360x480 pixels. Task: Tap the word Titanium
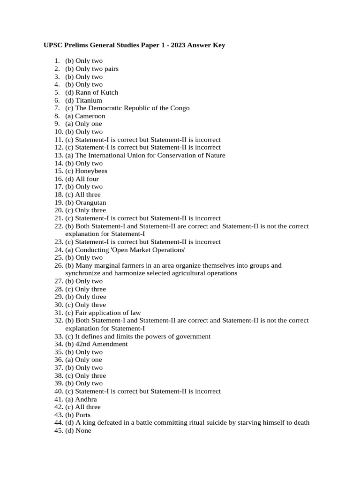coord(89,100)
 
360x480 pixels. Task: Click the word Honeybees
coord(91,171)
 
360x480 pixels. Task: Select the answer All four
coord(87,179)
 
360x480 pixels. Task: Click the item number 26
coord(58,265)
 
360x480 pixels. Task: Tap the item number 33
coord(58,336)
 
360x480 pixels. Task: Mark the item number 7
coord(57,108)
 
